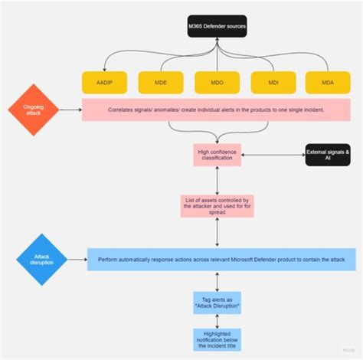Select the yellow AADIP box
tap(104, 82)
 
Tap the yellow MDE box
tap(160, 82)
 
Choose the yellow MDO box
tap(217, 82)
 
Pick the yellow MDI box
tap(273, 82)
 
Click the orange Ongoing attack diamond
tap(33, 110)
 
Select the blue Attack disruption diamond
tap(42, 259)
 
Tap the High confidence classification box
tap(217, 155)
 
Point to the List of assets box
tap(217, 205)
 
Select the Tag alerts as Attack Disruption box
tap(217, 302)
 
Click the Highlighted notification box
tap(217, 339)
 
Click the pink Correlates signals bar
tap(217, 110)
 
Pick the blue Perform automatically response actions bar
tap(221, 259)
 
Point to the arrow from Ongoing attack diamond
tap(70, 110)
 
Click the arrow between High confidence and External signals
tap(273, 155)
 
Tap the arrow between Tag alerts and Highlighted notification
tap(217, 320)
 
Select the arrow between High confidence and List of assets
tap(217, 180)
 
